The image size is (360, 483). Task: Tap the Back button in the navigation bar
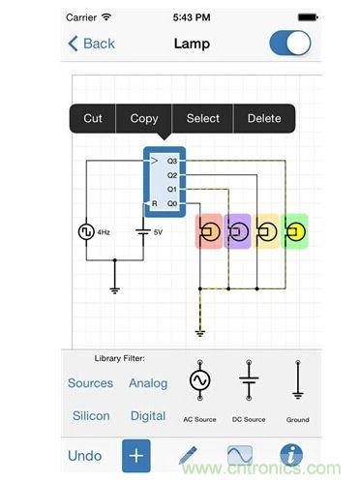91,44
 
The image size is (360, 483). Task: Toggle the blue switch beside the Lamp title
290,43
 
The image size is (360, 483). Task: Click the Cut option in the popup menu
93,118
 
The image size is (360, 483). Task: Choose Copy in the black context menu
144,119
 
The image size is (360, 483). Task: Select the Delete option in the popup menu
264,118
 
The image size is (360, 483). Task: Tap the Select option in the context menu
203,118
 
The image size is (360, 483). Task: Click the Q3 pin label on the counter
172,161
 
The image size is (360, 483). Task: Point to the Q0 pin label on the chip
172,203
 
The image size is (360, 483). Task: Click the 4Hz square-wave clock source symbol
86,231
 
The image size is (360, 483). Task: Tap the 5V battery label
158,232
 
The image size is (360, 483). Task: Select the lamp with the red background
209,231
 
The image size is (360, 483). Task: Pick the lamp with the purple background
237,231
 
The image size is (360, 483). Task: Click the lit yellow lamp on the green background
295,231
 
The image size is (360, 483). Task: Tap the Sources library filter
90,383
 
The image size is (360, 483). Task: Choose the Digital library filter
148,416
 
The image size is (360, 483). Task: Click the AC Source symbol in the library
200,380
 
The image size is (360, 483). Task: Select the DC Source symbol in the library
249,380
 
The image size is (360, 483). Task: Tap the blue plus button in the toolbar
136,456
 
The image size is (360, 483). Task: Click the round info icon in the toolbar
291,455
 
